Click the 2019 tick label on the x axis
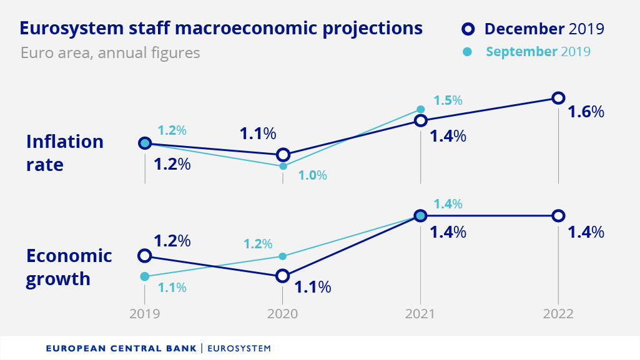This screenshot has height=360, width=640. click(x=144, y=314)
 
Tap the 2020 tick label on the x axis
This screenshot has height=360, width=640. click(x=282, y=314)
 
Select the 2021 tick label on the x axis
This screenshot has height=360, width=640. click(x=420, y=314)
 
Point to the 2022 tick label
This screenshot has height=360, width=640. click(x=558, y=314)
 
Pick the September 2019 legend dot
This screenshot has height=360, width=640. click(x=467, y=51)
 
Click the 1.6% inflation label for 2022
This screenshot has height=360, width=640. click(x=586, y=112)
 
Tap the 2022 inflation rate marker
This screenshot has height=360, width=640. click(x=558, y=98)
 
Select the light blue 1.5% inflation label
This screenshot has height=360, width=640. click(x=448, y=100)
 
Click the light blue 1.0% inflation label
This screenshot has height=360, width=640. click(x=312, y=175)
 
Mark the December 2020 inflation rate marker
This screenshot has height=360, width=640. click(x=283, y=155)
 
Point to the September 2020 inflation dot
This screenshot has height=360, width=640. click(x=283, y=167)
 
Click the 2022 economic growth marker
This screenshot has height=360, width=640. click(x=558, y=216)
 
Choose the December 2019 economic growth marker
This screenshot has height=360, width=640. click(x=145, y=256)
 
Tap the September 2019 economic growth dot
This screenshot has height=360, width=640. click(x=145, y=276)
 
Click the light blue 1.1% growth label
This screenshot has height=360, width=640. click(x=172, y=288)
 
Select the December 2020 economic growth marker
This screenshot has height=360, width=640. click(x=283, y=276)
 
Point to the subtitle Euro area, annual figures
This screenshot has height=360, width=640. click(x=110, y=52)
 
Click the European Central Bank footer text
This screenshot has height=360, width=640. click(x=122, y=348)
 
